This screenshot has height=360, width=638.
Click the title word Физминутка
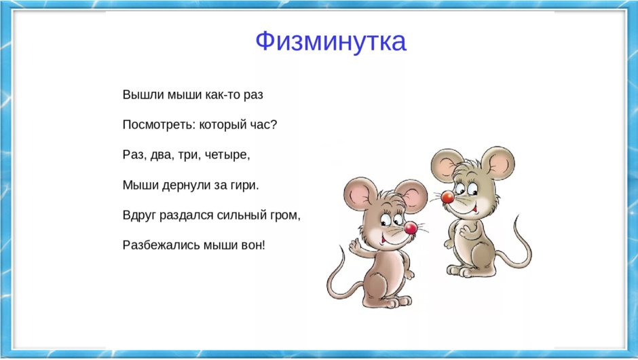(331, 41)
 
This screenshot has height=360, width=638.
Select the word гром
(284, 215)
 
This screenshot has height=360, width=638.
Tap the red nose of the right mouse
(447, 198)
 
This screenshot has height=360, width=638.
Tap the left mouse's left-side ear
(356, 194)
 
